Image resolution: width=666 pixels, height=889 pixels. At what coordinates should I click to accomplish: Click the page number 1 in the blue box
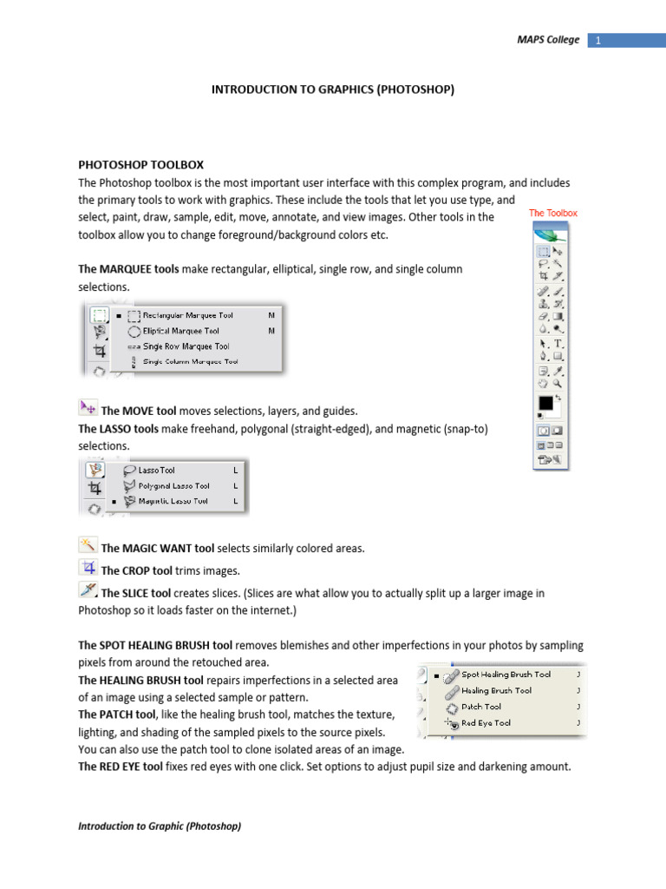point(598,40)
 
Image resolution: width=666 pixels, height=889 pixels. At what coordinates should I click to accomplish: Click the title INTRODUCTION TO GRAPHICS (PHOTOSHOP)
point(333,89)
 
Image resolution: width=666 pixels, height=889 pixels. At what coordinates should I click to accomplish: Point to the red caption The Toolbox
point(552,213)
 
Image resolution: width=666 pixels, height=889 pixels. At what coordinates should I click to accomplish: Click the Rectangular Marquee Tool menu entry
point(187,315)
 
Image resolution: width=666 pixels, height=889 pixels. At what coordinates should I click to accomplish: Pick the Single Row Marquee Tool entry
point(185,346)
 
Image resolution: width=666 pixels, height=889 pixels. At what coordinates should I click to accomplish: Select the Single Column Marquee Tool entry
point(190,361)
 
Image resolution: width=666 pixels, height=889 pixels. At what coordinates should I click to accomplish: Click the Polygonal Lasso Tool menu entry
point(173,486)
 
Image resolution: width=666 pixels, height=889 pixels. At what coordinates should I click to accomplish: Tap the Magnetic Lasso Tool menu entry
point(173,501)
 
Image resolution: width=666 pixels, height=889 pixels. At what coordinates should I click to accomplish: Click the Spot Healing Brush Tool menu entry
point(506,675)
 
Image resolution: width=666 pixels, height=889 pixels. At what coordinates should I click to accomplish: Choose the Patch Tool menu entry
point(481,707)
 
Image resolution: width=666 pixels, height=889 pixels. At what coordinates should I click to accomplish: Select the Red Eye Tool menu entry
point(486,723)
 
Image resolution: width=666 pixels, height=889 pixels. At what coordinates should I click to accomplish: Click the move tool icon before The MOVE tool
point(88,408)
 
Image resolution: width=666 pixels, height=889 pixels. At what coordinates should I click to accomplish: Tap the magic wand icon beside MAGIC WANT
point(88,545)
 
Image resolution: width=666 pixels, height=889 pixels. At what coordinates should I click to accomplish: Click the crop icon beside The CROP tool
point(88,568)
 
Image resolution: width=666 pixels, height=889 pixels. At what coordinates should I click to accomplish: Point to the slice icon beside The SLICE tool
point(88,591)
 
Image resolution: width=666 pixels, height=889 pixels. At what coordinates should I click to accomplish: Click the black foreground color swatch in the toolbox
point(546,404)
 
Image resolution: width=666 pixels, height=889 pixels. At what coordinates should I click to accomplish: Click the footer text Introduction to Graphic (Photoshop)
point(160,826)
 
